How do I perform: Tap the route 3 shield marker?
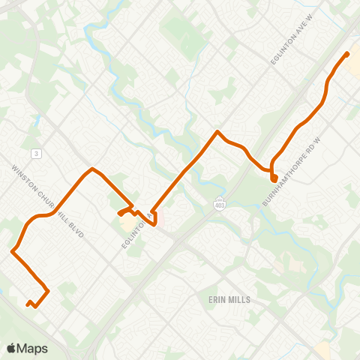click(35, 153)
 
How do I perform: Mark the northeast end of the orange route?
click(346, 54)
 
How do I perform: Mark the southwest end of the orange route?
click(28, 304)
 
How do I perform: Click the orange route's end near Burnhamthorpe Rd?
click(274, 178)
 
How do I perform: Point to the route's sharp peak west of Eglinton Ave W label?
click(217, 132)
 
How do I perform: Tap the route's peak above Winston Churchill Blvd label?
click(91, 169)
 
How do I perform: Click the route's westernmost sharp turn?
click(13, 251)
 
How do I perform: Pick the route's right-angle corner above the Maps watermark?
click(48, 291)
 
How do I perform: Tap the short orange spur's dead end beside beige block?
click(119, 216)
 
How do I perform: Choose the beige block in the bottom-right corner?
click(324, 349)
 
